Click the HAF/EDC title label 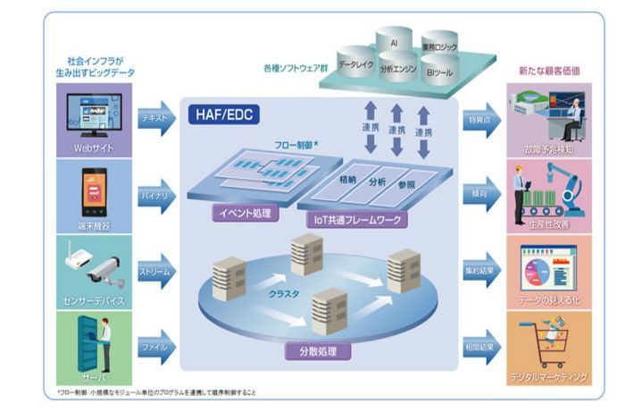point(224,114)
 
